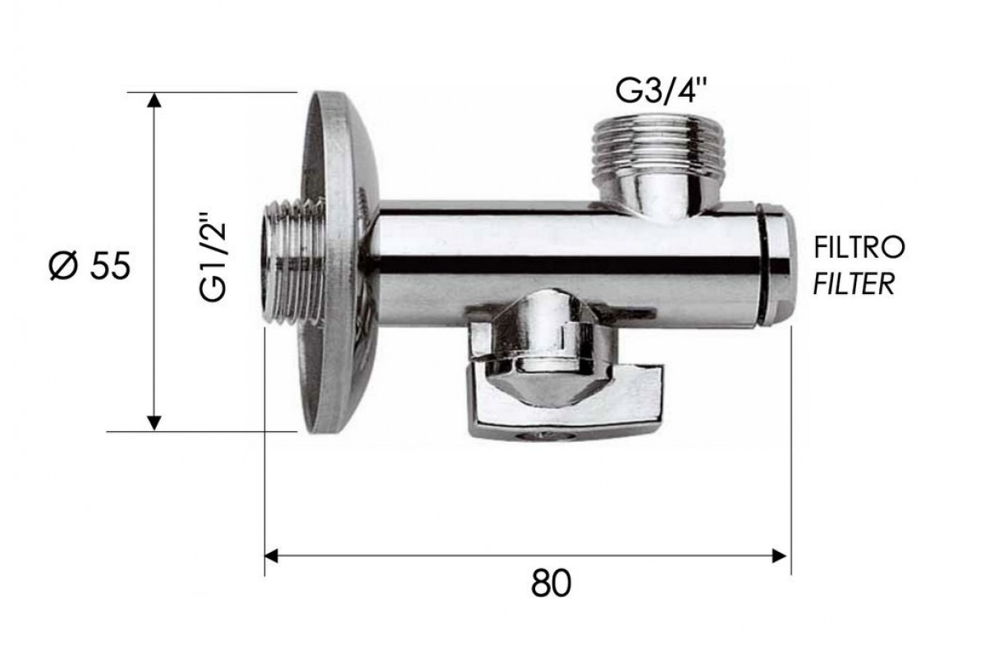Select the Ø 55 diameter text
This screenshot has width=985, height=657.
[x=89, y=266]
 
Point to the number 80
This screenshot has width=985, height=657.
[x=551, y=583]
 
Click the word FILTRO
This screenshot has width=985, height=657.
[x=859, y=248]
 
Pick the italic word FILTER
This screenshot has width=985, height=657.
[x=854, y=284]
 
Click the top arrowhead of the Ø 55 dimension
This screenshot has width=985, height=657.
[x=153, y=100]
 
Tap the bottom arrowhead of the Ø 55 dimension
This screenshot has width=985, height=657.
[x=153, y=423]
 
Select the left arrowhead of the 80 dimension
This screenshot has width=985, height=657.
[x=272, y=555]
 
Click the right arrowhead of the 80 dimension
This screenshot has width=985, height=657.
[x=779, y=556]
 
